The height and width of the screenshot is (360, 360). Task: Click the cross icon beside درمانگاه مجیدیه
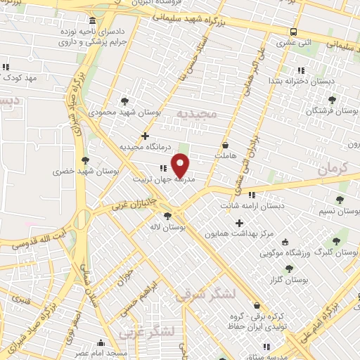click(x=146, y=136)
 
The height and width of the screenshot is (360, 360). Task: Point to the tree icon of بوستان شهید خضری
click(x=86, y=160)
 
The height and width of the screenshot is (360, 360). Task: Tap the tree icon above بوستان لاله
click(x=167, y=217)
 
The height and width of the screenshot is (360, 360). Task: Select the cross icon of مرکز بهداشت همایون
click(x=239, y=222)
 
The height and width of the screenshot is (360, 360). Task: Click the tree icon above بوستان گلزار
click(x=290, y=269)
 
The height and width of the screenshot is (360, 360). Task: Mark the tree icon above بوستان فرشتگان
click(x=332, y=101)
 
